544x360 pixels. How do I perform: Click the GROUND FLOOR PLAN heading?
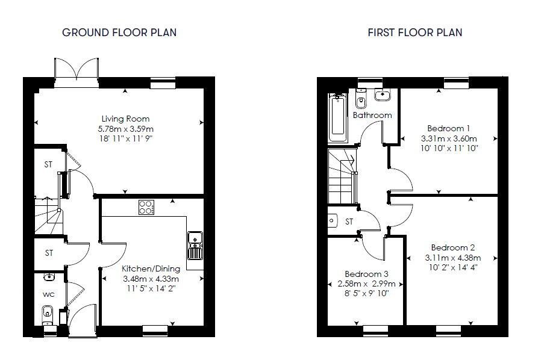[119, 33]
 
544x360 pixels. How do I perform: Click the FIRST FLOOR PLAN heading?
[415, 33]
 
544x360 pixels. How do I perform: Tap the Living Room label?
[125, 119]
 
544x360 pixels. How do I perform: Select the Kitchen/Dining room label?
[150, 268]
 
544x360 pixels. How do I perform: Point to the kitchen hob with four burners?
[146, 207]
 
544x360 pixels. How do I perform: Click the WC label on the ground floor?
[49, 295]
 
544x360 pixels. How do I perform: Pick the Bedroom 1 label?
[449, 128]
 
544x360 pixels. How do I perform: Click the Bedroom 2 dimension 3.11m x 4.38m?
[452, 258]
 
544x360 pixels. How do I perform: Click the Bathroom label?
[372, 115]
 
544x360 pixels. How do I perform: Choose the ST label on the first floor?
[349, 222]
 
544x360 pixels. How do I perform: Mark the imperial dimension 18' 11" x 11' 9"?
[125, 139]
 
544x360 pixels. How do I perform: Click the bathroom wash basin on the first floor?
[383, 95]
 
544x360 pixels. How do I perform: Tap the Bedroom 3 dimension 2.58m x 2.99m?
[366, 284]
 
